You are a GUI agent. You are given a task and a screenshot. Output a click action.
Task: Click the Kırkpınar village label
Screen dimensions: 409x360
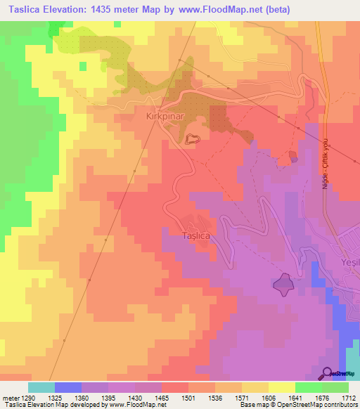click(x=165, y=115)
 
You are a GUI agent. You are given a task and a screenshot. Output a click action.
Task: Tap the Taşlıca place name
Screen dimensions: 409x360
click(x=196, y=236)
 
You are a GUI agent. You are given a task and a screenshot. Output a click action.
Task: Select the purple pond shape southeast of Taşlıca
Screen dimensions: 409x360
click(x=284, y=284)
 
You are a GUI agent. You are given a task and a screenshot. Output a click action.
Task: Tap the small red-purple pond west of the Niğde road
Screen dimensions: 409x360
click(x=292, y=157)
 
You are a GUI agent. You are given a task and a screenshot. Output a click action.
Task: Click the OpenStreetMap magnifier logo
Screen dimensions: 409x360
click(x=328, y=373)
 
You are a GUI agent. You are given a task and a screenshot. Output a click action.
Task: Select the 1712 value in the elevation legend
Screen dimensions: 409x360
click(x=349, y=398)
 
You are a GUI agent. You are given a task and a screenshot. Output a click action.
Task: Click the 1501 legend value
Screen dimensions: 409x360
click(x=189, y=398)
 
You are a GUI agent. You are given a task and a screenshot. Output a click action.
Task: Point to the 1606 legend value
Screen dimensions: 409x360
click(x=269, y=398)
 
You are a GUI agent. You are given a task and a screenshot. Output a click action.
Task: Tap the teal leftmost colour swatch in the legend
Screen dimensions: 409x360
click(x=41, y=387)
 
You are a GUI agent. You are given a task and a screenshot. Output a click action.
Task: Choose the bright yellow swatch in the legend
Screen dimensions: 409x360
click(x=281, y=387)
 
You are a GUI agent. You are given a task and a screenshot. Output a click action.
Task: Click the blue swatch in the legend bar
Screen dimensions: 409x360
click(x=68, y=387)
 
